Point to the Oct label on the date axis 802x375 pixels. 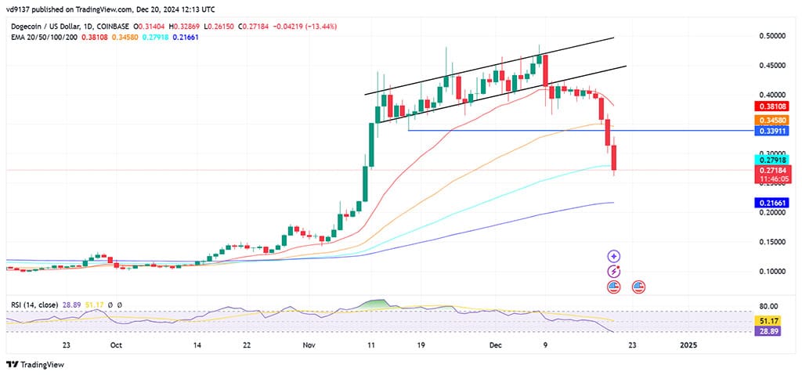point(115,344)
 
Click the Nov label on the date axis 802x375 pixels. point(308,344)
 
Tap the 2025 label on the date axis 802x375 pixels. point(688,344)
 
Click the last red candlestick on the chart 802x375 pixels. point(615,158)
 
